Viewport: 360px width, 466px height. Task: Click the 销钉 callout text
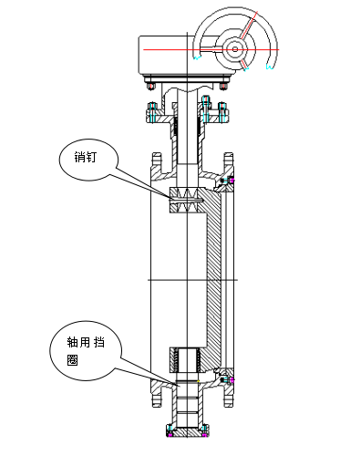click(86, 157)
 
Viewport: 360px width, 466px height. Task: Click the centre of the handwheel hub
click(235, 49)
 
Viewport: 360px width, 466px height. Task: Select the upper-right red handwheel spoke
click(249, 26)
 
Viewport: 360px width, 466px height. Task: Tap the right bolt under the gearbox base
click(223, 86)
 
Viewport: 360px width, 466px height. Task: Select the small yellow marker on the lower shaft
click(198, 381)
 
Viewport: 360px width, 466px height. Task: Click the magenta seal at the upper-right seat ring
click(232, 180)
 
